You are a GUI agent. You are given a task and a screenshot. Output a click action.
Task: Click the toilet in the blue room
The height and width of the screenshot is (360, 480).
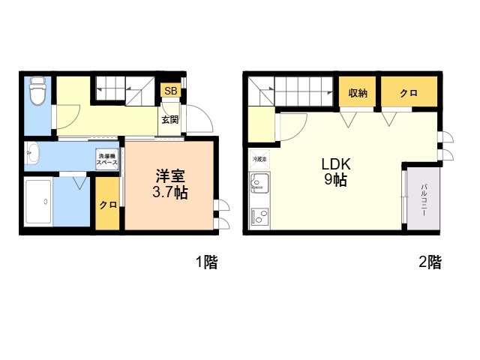click(38, 91)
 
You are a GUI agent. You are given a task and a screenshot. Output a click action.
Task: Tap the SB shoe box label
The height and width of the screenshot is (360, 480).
click(171, 91)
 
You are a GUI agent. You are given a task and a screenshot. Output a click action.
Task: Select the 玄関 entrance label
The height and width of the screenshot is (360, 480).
click(170, 119)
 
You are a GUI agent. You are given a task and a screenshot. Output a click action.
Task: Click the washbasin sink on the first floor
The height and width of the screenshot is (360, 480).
click(32, 151)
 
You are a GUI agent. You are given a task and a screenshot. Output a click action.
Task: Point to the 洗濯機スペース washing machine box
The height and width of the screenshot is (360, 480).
click(106, 158)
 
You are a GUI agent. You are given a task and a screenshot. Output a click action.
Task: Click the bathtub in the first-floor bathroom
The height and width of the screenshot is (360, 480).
click(38, 202)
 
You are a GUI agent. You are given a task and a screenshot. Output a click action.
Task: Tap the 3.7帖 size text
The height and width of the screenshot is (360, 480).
click(170, 193)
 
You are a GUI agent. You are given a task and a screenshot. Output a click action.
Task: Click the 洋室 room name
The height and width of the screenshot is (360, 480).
click(170, 176)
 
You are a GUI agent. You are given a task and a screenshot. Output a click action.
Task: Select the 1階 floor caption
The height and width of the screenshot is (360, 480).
click(207, 262)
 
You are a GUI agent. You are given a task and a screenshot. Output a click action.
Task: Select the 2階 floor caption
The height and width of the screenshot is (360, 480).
click(430, 262)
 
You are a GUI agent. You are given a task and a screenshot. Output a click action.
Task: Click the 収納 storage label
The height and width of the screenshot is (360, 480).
click(358, 93)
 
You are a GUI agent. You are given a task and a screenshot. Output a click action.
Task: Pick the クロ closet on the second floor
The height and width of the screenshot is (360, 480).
click(409, 93)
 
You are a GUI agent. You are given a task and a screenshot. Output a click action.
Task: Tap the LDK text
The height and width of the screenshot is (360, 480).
click(336, 164)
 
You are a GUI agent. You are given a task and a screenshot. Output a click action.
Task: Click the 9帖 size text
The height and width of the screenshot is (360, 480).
click(336, 180)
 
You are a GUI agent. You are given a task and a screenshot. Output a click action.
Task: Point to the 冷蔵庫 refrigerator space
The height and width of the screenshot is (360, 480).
click(259, 159)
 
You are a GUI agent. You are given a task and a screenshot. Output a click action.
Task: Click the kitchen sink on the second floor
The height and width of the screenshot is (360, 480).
click(259, 183)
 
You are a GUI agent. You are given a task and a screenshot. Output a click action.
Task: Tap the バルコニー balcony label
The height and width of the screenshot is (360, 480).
click(424, 199)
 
